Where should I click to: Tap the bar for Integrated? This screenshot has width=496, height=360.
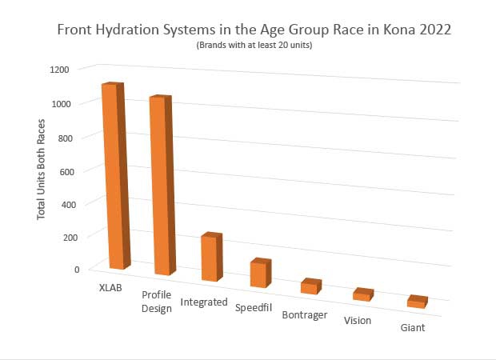(211, 257)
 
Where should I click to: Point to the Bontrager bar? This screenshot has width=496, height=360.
(310, 286)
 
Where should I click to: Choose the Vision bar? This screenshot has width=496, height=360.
(362, 294)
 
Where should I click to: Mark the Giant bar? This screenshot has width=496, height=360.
(417, 302)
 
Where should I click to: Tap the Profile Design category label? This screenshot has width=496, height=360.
(157, 302)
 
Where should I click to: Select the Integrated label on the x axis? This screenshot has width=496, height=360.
(204, 302)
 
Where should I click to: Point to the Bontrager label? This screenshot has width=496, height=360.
(305, 314)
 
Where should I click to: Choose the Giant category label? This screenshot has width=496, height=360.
(414, 328)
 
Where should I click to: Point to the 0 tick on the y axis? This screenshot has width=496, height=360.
(77, 269)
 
